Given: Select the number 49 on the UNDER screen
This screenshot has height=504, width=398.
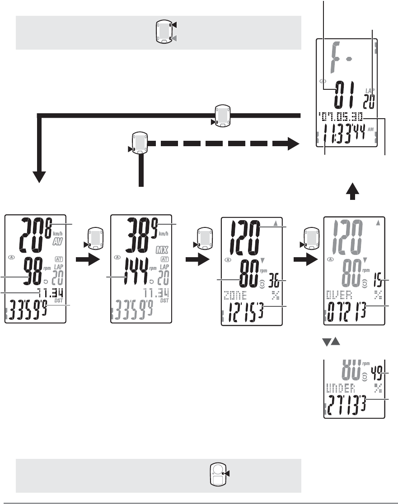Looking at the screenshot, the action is (x=376, y=372).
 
